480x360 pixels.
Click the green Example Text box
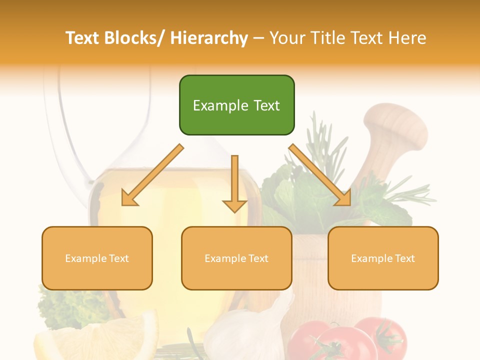(236, 105)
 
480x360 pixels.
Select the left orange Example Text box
(97, 258)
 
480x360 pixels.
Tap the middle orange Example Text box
(236, 258)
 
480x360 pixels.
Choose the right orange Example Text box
(383, 258)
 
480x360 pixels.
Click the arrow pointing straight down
(234, 185)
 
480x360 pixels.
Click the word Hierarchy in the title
(209, 38)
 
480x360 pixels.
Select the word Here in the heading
(408, 38)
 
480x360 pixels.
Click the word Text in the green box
(262, 105)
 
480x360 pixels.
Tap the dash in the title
(259, 38)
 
